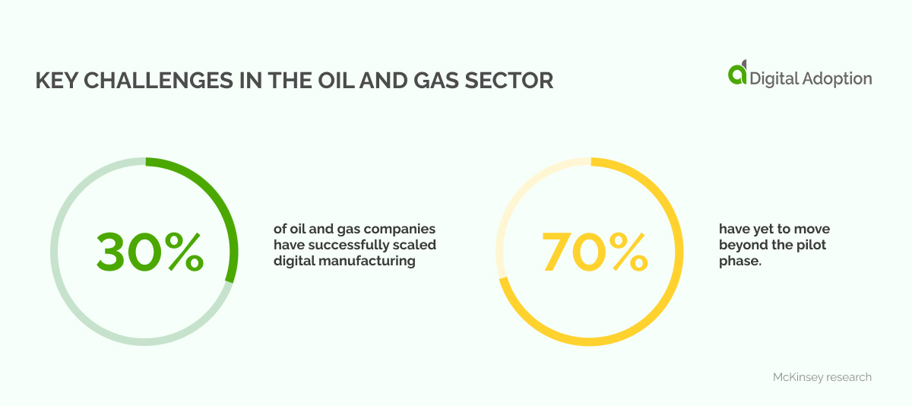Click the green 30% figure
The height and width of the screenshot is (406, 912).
(150, 252)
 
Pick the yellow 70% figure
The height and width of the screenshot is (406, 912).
(594, 252)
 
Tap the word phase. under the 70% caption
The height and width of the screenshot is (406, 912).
(740, 261)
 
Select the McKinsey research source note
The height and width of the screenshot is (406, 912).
(822, 377)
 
